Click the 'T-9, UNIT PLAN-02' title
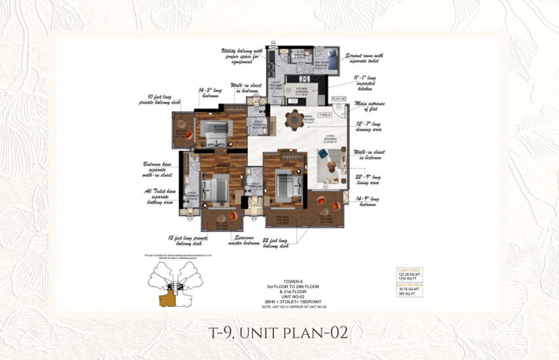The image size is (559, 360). pyautogui.click(x=279, y=331)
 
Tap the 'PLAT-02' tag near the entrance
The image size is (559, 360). pyautogui.click(x=340, y=99)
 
